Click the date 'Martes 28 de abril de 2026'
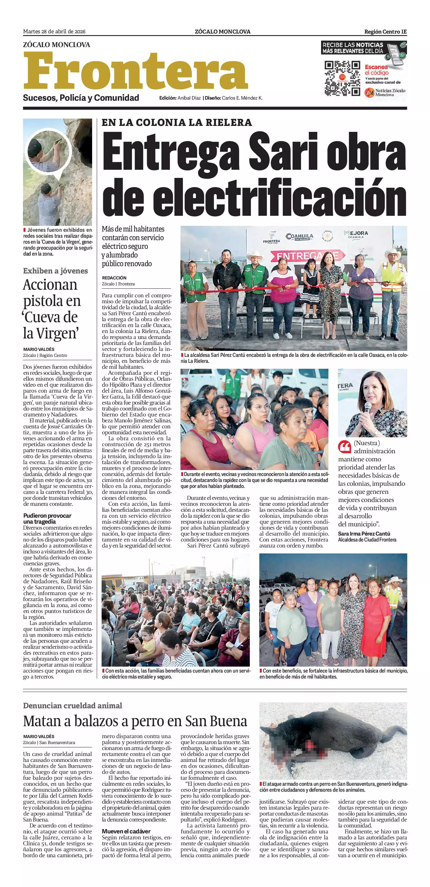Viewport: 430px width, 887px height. coord(54,32)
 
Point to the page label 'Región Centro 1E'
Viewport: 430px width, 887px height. coord(385,32)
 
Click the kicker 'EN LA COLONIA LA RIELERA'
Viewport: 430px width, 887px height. coord(177,123)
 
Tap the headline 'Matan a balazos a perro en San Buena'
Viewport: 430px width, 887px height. coord(135,721)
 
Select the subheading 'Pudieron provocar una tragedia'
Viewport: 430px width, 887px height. coord(47,518)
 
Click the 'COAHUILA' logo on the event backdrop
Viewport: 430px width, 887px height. coord(299,237)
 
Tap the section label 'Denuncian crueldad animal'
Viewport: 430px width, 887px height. coord(72,706)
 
